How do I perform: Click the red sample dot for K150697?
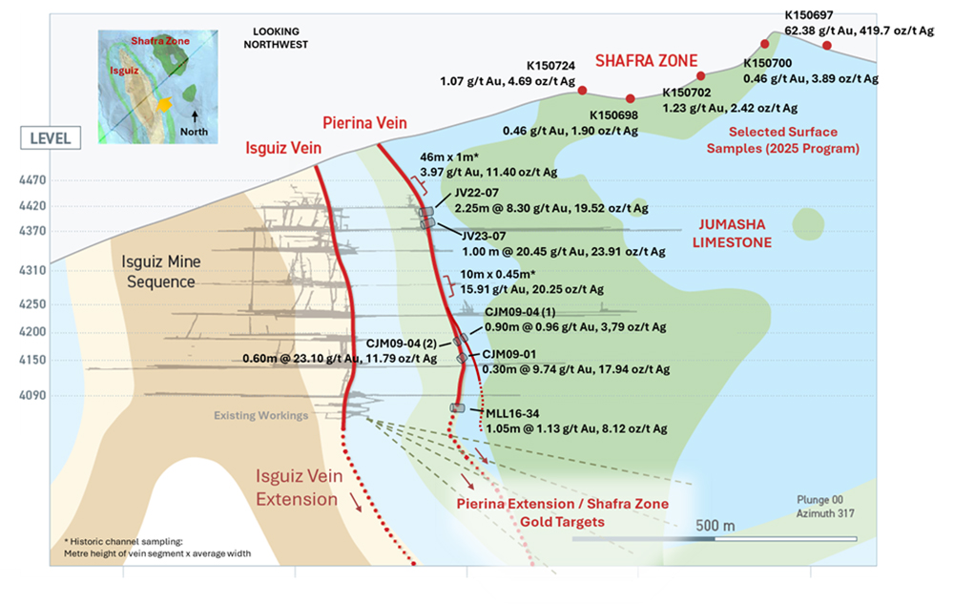click(826, 45)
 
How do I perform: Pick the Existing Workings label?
click(260, 415)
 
